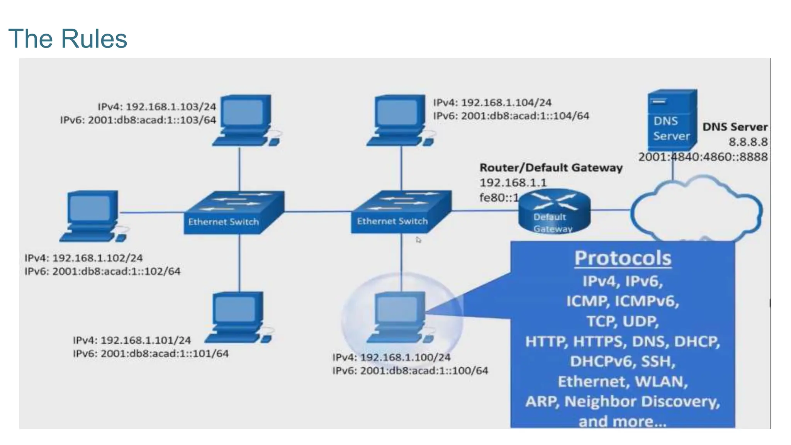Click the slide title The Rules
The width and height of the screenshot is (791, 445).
pos(68,39)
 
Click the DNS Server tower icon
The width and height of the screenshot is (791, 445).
pos(672,121)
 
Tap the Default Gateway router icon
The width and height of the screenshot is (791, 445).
pos(554,212)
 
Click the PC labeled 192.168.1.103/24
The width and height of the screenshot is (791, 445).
pos(246,120)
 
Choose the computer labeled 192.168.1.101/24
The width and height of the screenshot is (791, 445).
pos(238,317)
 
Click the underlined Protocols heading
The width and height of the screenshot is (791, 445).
pos(623,258)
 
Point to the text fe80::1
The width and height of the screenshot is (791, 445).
pos(499,198)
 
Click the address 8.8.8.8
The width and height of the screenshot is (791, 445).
pos(748,142)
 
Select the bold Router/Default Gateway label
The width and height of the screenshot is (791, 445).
pos(551,168)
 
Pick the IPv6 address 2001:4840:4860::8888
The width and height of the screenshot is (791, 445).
pos(703,157)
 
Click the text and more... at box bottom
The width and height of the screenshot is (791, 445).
pos(623,421)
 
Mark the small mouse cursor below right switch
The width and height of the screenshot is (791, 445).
pos(418,240)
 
